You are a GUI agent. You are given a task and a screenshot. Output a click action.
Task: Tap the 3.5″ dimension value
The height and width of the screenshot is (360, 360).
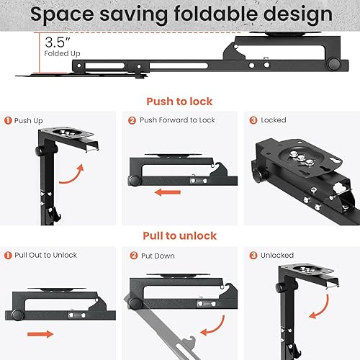(x=58, y=42)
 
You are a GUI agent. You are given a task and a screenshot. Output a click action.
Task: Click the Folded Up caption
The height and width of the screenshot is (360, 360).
(x=62, y=53)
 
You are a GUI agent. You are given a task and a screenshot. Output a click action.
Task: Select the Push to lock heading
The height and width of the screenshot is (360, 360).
(x=179, y=102)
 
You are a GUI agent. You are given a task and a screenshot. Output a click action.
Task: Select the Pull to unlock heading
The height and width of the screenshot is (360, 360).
(x=180, y=235)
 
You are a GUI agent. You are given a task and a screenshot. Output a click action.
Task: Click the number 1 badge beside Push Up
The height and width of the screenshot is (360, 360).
(x=8, y=120)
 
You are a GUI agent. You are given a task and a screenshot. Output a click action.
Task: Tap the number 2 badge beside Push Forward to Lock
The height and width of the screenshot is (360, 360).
(x=132, y=120)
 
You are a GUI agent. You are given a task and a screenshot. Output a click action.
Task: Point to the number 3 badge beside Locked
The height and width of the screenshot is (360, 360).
(x=253, y=120)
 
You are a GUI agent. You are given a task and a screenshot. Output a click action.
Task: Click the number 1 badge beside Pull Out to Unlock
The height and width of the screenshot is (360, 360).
(x=8, y=255)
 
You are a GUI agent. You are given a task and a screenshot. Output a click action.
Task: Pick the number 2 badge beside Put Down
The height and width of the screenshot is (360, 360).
(x=134, y=256)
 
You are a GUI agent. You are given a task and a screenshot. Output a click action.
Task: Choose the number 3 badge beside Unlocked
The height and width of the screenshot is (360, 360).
(x=253, y=255)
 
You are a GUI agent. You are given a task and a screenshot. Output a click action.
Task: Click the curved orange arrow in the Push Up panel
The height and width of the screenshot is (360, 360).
(x=74, y=178)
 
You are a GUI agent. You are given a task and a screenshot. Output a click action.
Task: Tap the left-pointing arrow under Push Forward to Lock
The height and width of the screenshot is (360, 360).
(x=168, y=192)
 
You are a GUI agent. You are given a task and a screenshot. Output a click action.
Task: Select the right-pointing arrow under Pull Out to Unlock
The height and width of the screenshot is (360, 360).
(x=40, y=334)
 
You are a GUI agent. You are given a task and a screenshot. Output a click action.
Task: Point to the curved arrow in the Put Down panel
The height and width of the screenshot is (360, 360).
(x=217, y=329)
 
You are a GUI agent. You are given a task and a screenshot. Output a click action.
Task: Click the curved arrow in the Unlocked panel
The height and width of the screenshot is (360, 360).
(x=323, y=310)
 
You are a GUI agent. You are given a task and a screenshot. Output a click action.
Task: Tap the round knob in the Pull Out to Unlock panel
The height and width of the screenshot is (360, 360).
(x=17, y=315)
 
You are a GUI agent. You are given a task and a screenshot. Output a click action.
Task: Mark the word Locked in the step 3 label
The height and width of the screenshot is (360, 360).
(x=274, y=120)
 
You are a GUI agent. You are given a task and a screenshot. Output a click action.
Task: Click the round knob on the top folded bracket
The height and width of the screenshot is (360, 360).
(x=333, y=63)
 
